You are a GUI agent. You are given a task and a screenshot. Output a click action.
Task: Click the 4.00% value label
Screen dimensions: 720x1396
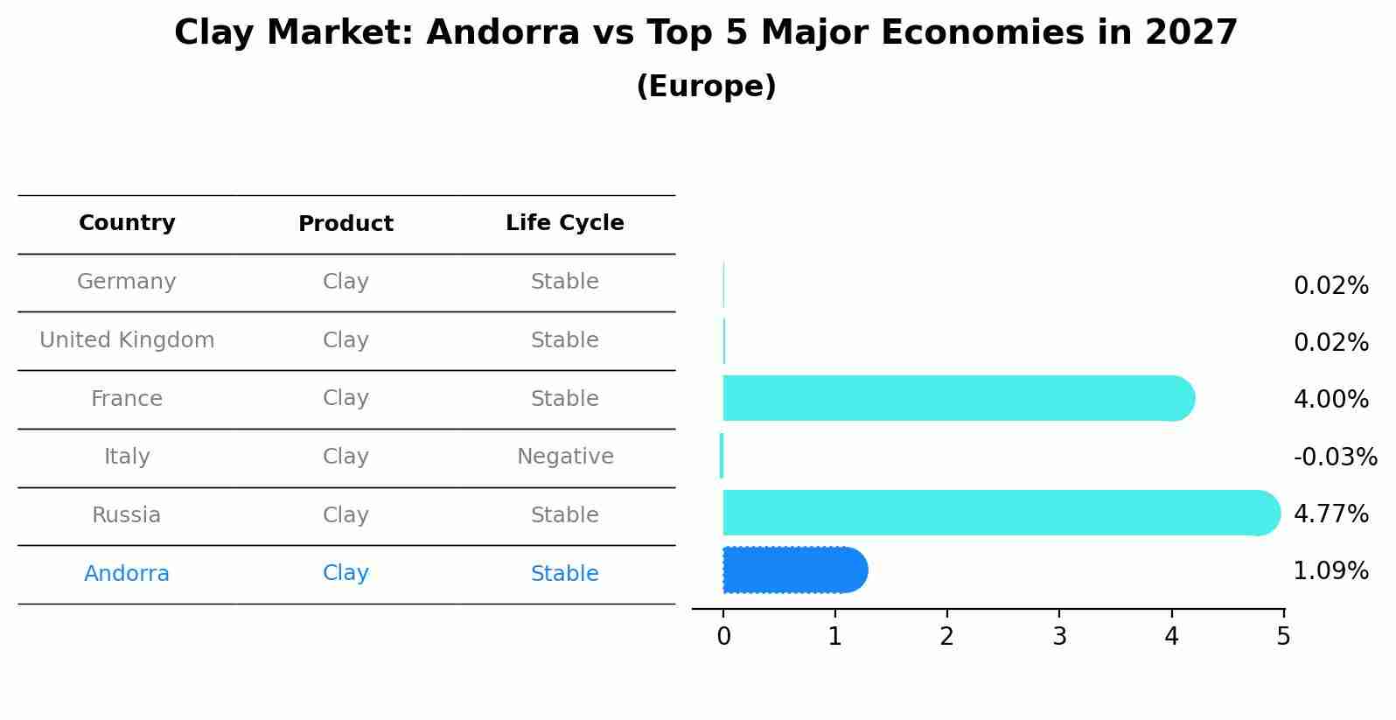[1330, 400]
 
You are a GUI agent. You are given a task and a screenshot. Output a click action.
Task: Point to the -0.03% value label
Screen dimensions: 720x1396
[1335, 458]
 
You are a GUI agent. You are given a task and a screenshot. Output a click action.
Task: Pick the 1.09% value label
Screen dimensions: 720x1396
[1330, 571]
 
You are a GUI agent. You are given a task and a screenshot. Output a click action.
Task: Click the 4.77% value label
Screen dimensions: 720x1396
[1330, 514]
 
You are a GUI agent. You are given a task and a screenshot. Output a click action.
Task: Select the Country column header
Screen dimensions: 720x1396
[127, 223]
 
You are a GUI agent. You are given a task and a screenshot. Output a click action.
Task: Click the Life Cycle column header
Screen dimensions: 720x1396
[564, 223]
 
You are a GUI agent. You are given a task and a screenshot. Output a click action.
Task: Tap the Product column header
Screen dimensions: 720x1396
[346, 224]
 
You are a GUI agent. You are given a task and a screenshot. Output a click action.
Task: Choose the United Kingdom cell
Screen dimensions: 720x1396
[127, 340]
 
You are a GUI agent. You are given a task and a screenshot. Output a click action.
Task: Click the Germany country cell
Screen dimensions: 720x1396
[127, 282]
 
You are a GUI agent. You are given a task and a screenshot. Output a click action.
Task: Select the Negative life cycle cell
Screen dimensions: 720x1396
[565, 457]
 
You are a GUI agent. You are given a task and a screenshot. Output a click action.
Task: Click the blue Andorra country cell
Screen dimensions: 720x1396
[127, 574]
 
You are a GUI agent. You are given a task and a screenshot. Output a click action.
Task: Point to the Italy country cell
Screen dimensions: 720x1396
[127, 457]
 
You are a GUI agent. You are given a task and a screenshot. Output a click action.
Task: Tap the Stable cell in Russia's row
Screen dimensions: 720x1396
[564, 515]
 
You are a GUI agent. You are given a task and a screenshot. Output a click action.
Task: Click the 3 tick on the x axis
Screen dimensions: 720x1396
[1059, 637]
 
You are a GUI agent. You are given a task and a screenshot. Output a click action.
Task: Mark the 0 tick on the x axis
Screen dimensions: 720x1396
[723, 637]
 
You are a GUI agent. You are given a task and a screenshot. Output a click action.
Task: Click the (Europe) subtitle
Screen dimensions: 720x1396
[706, 87]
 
